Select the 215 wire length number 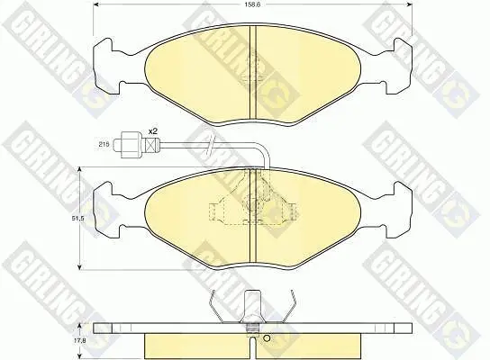[104, 144]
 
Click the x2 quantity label [152, 131]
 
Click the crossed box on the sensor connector [151, 144]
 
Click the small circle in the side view [267, 337]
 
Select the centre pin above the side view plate [252, 308]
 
